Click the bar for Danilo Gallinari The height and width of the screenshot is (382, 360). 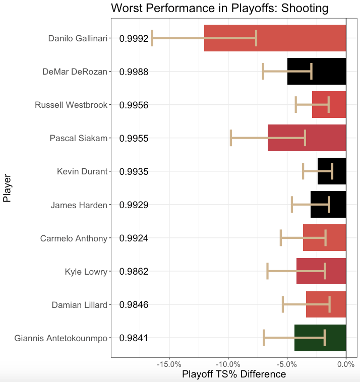point(275,38)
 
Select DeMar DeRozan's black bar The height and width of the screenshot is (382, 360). point(317,72)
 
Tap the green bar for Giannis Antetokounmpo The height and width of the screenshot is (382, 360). point(320,338)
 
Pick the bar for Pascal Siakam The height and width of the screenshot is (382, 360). point(307,138)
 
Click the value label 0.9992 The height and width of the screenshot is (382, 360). point(134,39)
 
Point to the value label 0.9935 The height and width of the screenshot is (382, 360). point(134,172)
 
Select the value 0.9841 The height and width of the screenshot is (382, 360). point(134,338)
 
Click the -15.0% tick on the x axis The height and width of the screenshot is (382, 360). point(169,364)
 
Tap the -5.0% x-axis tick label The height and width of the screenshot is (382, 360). point(287,364)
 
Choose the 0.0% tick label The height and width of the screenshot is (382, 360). point(346,364)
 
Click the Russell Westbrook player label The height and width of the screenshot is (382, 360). point(71,105)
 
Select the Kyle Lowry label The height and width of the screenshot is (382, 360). point(86,272)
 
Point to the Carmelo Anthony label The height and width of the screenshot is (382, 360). point(74,238)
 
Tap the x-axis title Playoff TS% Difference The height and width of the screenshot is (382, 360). point(234,374)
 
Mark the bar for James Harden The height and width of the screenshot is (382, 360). point(328,205)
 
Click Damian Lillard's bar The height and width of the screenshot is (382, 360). point(326,304)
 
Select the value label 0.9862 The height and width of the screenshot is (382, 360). point(134,272)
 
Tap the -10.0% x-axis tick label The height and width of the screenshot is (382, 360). point(228,364)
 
